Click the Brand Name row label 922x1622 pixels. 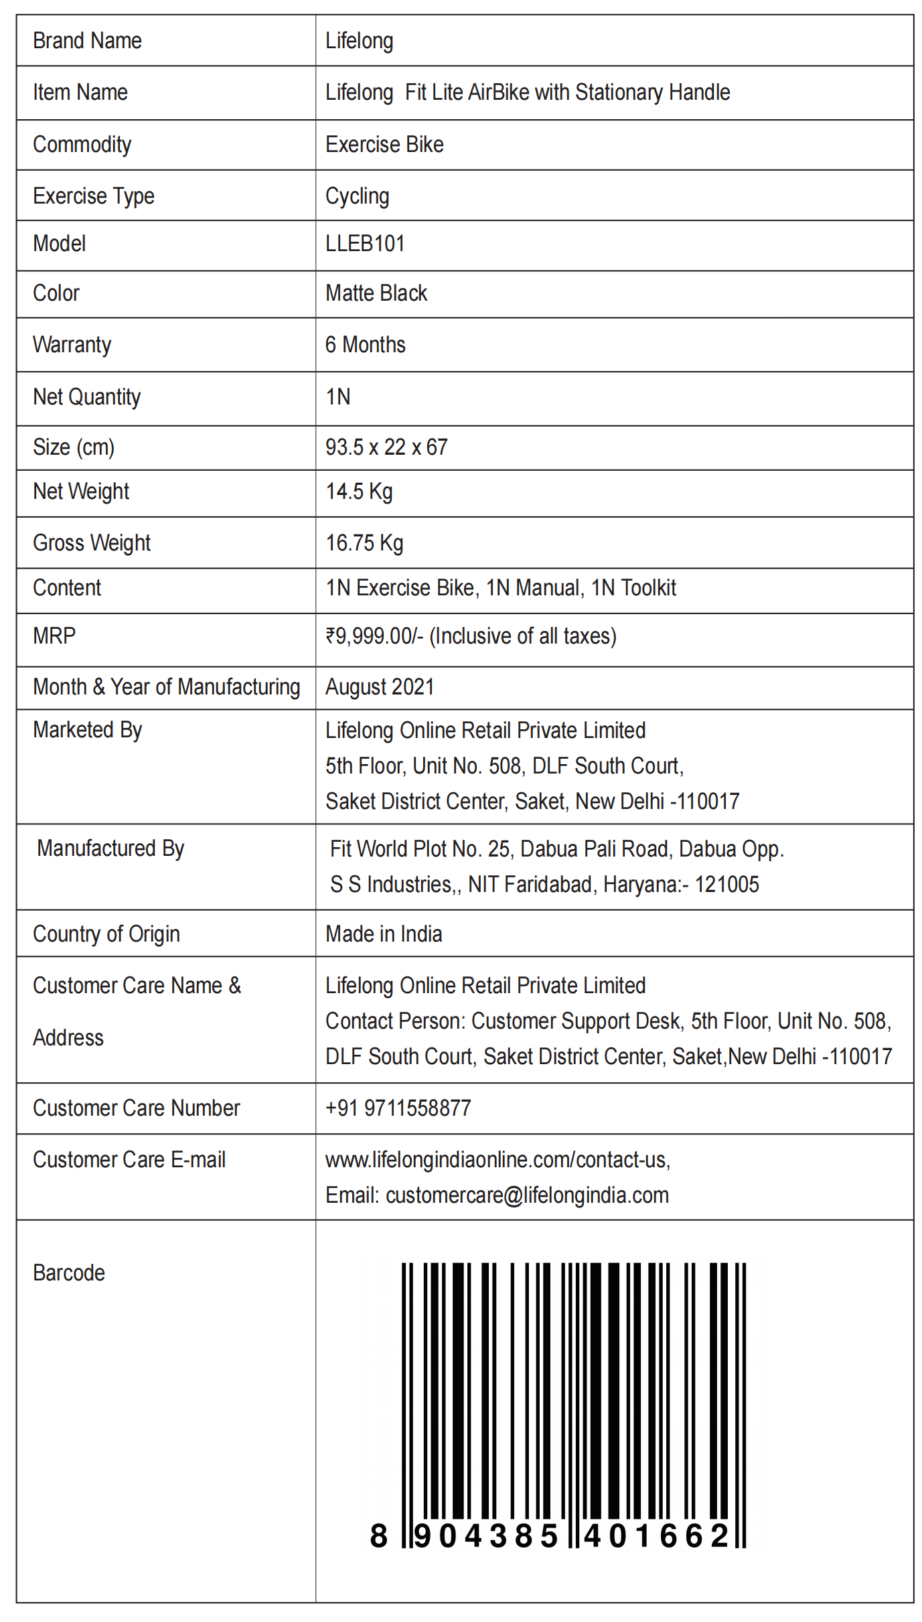(87, 41)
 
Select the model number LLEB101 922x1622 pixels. (365, 244)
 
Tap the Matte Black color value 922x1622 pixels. (376, 293)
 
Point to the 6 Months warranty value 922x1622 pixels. (365, 345)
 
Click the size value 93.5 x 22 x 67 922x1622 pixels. (386, 447)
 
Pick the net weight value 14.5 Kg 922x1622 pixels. (359, 492)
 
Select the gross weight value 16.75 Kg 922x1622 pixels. (364, 543)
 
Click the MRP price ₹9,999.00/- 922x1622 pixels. (374, 636)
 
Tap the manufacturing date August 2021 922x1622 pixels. (380, 687)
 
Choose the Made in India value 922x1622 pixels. (384, 934)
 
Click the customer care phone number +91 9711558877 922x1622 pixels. (398, 1108)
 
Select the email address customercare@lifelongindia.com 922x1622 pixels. (527, 1195)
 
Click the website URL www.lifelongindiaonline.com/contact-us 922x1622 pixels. (497, 1160)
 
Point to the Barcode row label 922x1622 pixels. (69, 1273)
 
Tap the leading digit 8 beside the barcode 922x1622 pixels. (378, 1536)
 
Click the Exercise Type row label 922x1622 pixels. (94, 196)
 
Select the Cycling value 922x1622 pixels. (357, 196)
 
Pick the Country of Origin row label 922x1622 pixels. (106, 934)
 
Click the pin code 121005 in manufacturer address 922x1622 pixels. (726, 885)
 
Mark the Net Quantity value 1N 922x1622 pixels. (338, 397)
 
